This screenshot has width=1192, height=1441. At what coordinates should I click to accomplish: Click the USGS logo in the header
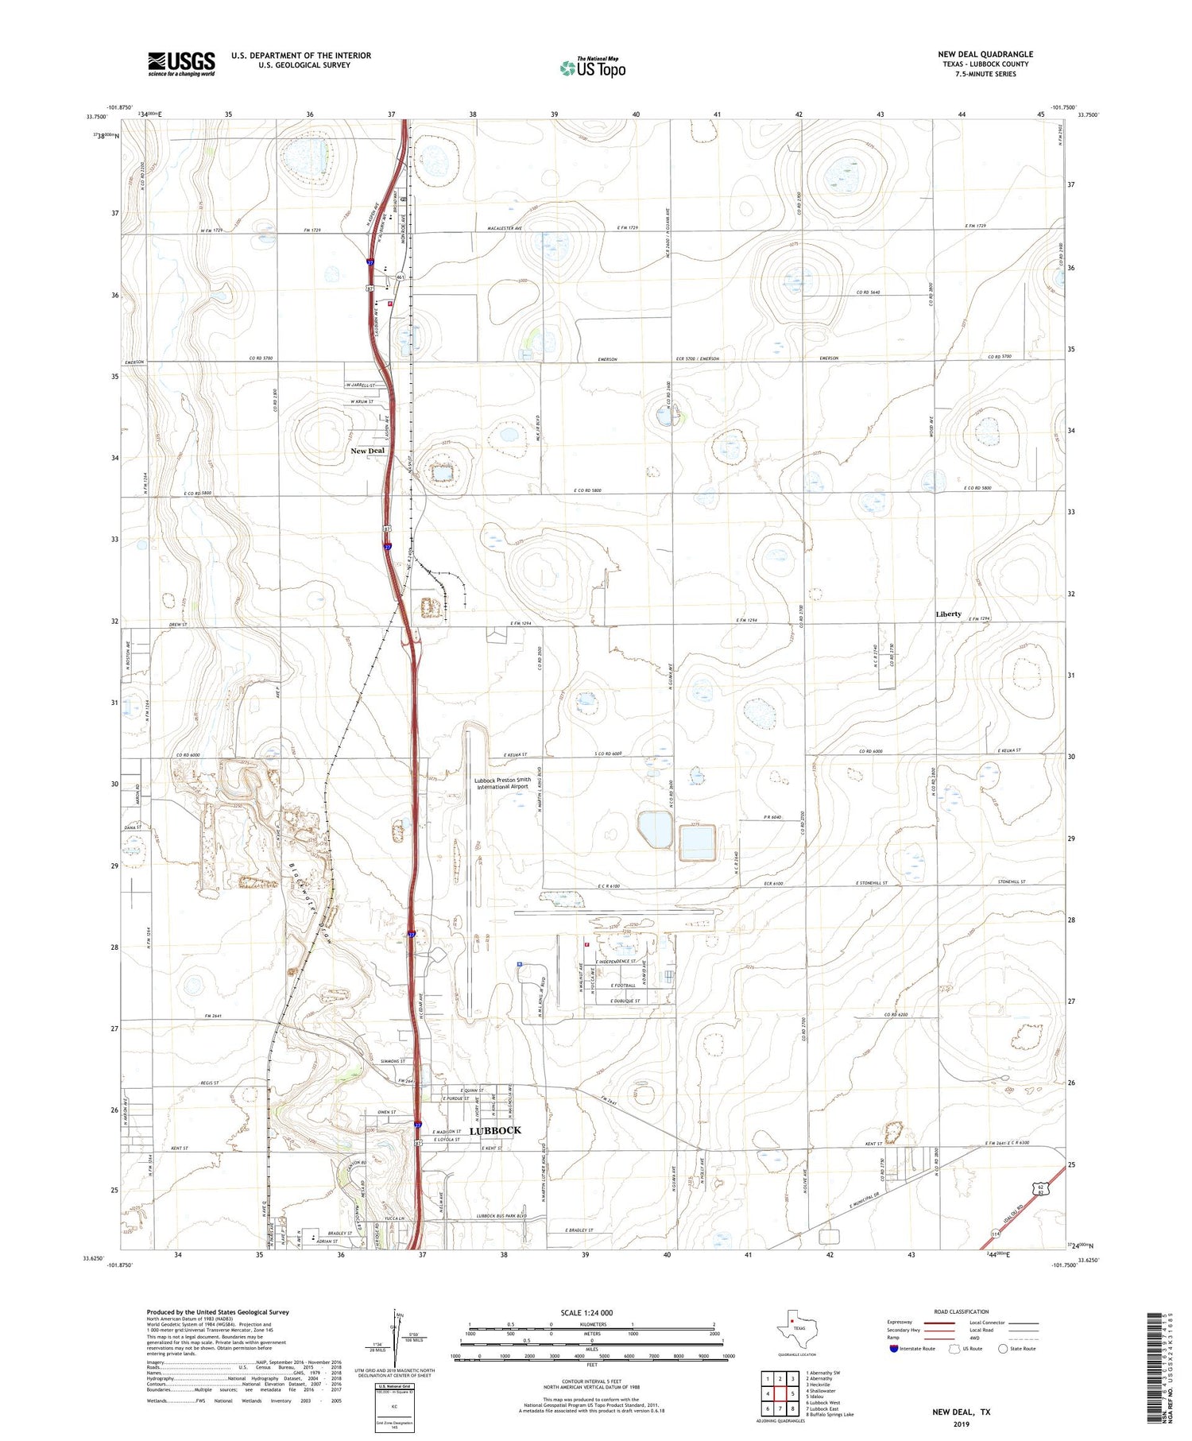click(181, 64)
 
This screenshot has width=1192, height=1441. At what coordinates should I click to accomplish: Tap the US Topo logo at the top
click(593, 68)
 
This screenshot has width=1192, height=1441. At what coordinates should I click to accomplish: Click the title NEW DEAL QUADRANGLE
click(985, 54)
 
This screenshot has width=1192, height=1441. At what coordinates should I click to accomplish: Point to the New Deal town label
click(368, 451)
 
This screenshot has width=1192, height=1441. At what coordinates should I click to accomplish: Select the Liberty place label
click(948, 614)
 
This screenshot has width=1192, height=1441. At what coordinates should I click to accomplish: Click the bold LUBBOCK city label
click(495, 1130)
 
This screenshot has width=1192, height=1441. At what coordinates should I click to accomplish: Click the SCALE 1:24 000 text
click(586, 1312)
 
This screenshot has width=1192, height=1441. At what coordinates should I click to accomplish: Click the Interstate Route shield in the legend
click(895, 1348)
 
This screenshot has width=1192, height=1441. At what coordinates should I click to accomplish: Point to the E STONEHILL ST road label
click(881, 883)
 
